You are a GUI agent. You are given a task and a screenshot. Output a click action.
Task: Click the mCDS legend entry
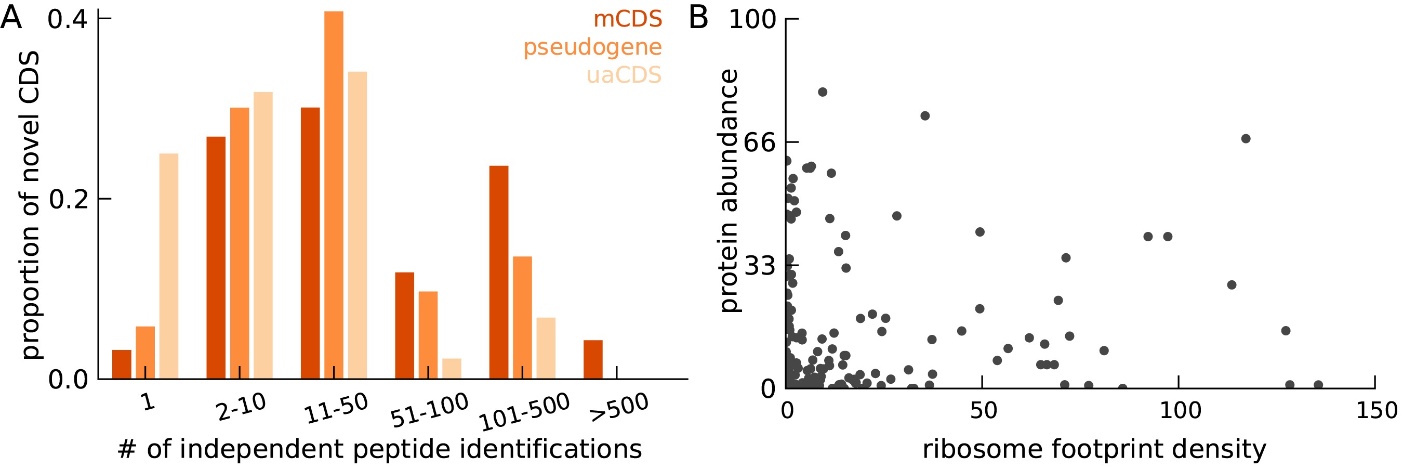point(627,19)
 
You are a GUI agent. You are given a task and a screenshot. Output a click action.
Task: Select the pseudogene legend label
point(592,47)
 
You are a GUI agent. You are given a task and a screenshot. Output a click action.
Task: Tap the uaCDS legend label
point(624,75)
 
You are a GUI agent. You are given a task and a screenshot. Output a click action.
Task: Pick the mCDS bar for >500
point(593,360)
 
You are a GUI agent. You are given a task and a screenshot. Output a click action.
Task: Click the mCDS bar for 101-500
point(499,272)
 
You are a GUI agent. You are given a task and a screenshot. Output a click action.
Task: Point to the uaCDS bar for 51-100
point(452,368)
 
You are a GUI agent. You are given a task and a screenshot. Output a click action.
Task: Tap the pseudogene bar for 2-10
point(240,243)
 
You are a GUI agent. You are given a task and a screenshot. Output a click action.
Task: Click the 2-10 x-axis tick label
point(241,407)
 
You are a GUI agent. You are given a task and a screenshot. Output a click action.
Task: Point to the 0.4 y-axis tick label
point(68,19)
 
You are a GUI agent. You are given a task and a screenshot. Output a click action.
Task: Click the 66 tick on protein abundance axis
point(759,142)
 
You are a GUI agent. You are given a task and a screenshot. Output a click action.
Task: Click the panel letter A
point(11,18)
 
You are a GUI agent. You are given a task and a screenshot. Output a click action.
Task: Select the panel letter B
point(698,18)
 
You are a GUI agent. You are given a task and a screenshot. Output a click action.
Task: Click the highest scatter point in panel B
point(823,92)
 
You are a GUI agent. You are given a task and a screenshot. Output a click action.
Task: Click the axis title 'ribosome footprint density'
point(1094,449)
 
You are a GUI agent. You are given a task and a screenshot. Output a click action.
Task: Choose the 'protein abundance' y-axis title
point(729,191)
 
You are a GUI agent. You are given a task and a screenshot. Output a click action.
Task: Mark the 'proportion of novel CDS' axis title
point(30,205)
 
